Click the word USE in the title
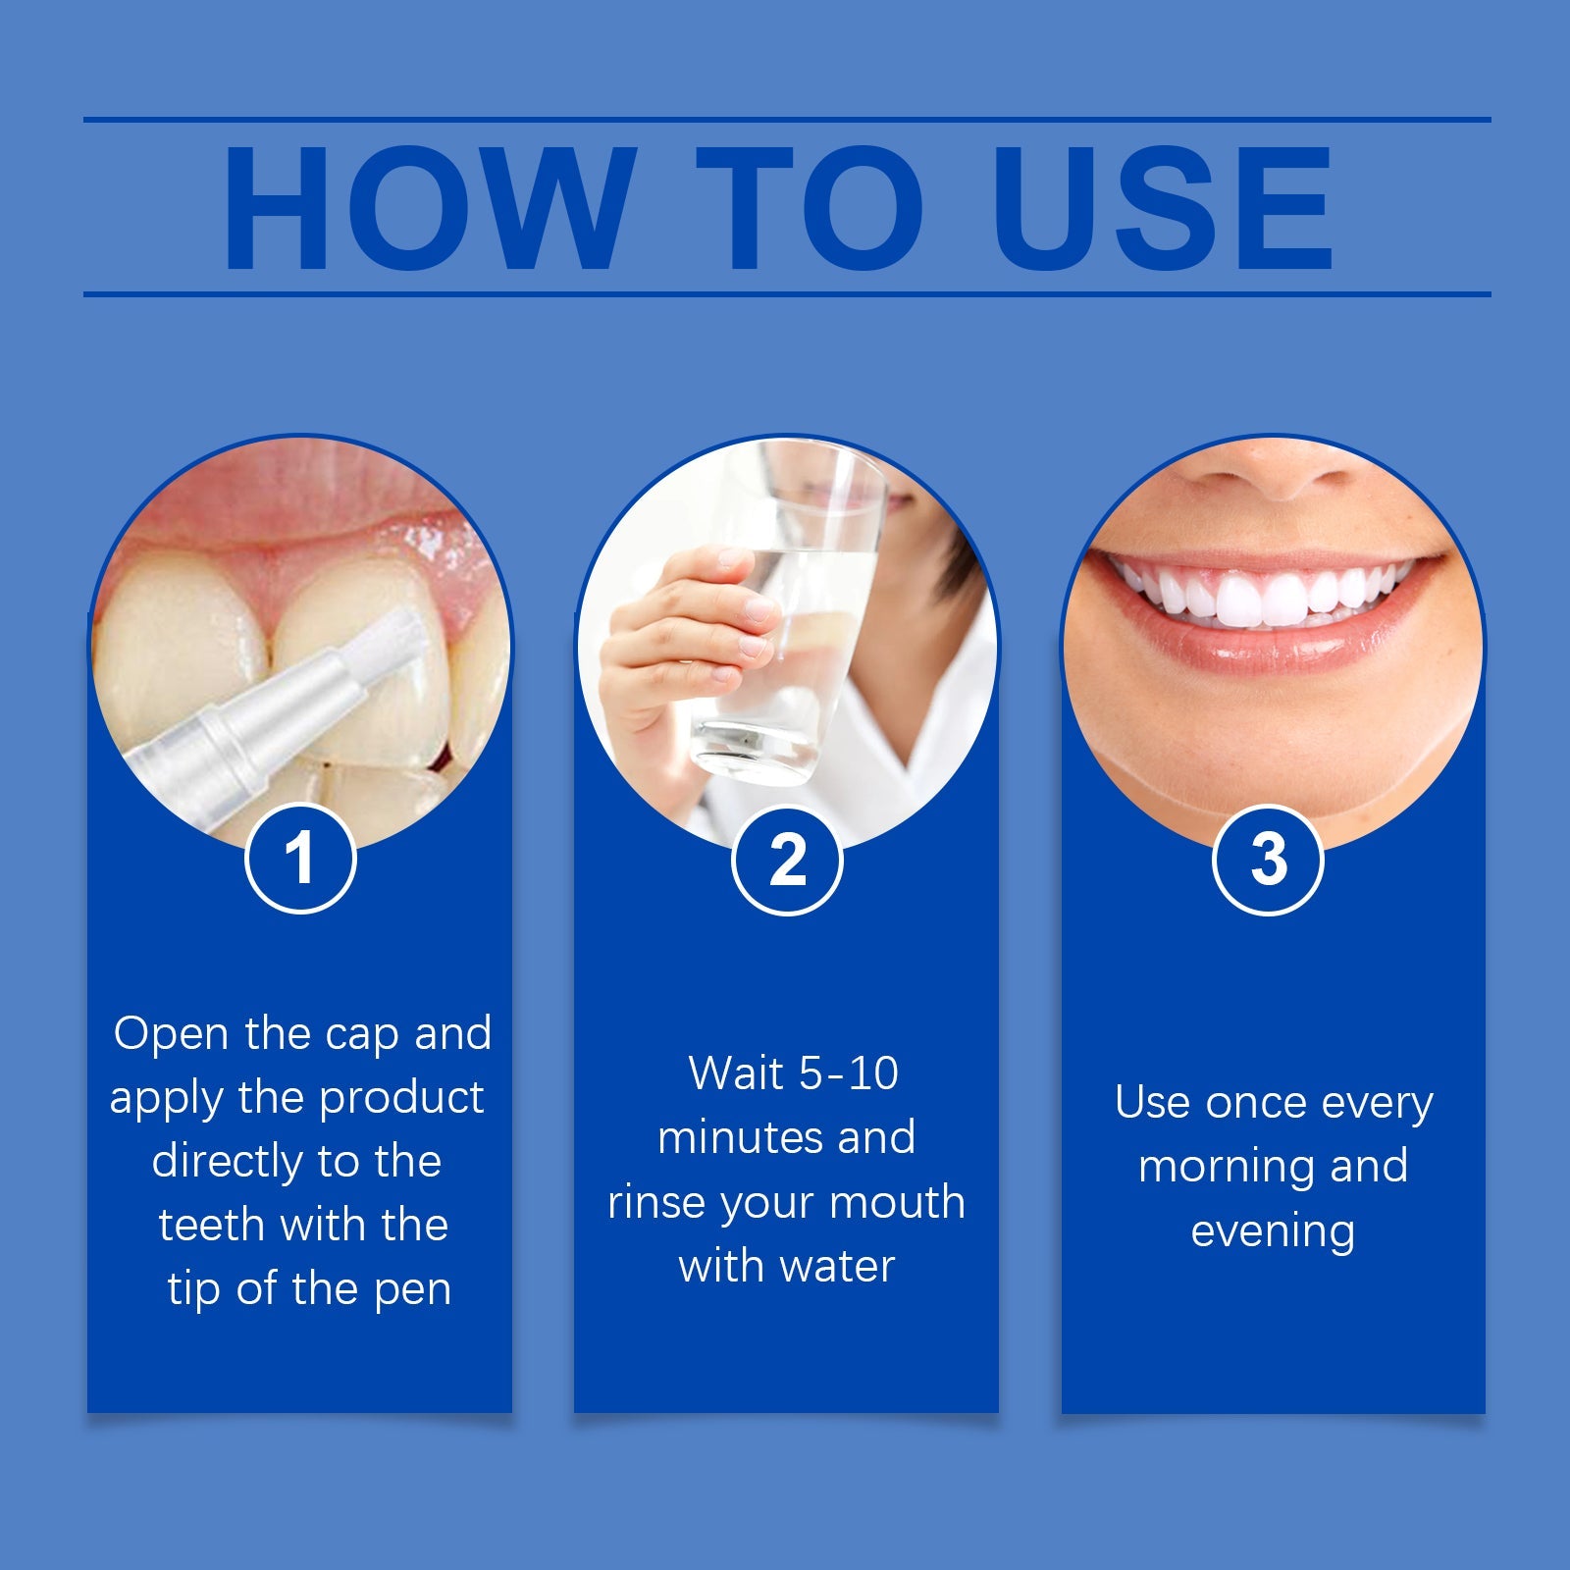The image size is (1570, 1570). click(x=1163, y=208)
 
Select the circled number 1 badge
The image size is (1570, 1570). click(x=299, y=859)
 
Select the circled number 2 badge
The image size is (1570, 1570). click(x=787, y=861)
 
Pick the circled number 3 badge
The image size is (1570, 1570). click(x=1268, y=860)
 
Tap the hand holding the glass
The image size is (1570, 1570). click(x=687, y=628)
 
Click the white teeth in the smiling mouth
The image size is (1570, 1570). click(x=1266, y=597)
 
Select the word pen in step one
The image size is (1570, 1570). click(x=412, y=1289)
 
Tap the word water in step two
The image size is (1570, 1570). click(x=841, y=1266)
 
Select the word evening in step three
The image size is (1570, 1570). click(x=1273, y=1231)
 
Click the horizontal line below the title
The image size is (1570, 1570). click(x=785, y=293)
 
